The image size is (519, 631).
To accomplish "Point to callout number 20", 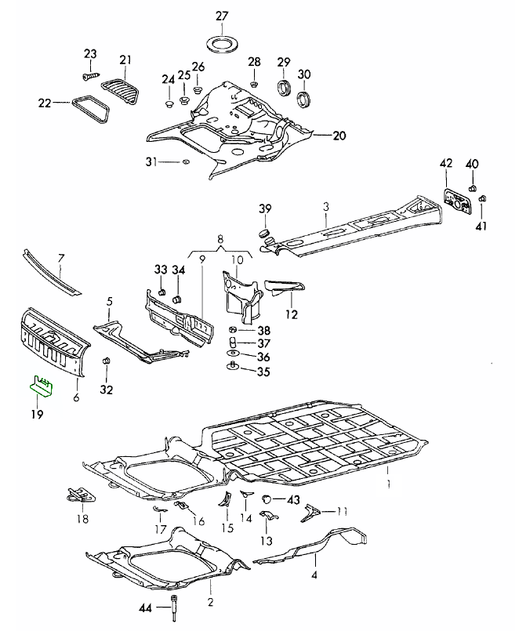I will [x=339, y=136].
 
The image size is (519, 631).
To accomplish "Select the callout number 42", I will [x=446, y=164].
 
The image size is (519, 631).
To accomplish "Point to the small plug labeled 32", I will [x=107, y=361].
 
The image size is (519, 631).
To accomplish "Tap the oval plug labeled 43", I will [x=267, y=499].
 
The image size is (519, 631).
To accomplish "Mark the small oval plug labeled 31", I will [x=185, y=161].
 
